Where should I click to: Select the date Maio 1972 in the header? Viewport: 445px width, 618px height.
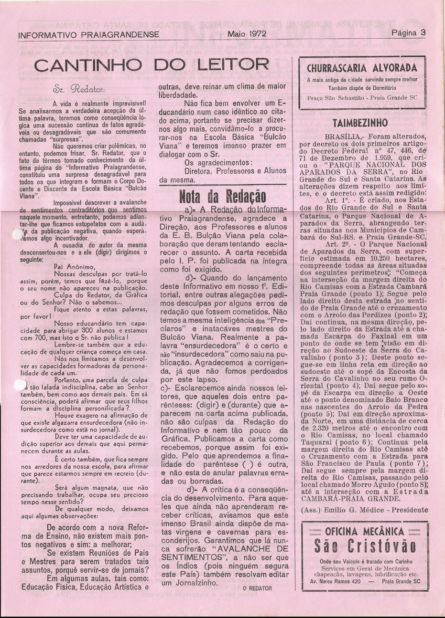click(x=247, y=34)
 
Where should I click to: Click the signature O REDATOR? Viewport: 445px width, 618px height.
click(x=257, y=588)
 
